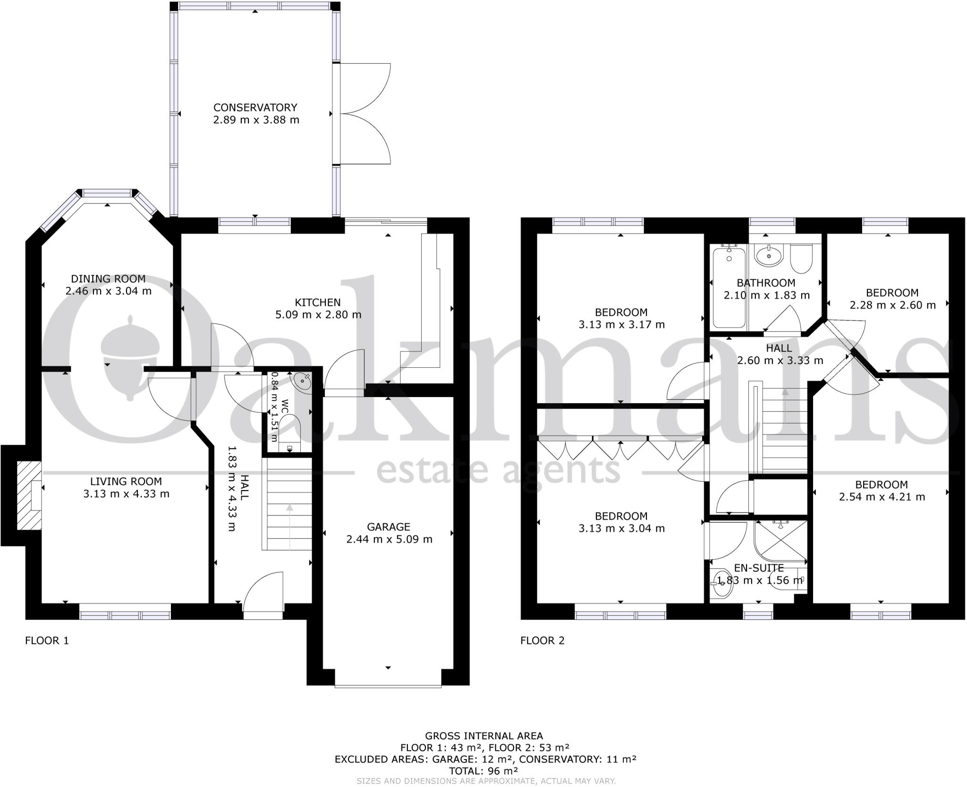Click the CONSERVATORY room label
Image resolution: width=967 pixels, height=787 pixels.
[x=255, y=108]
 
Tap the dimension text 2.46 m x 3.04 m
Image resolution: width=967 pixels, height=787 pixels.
[x=108, y=291]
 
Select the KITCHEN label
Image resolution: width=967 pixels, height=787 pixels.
[x=318, y=302]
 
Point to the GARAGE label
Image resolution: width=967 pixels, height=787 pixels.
[x=389, y=527]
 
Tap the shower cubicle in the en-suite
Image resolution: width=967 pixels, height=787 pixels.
[x=780, y=542]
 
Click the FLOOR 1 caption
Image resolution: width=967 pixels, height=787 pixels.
[x=47, y=640]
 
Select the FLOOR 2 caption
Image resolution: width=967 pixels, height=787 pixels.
[x=542, y=640]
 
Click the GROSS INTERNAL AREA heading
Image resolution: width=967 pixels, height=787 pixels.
[x=484, y=736]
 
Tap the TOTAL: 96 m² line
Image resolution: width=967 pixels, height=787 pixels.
[x=484, y=771]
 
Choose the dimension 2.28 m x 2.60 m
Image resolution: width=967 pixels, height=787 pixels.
[x=892, y=305]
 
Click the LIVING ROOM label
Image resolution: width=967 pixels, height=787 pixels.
[x=126, y=481]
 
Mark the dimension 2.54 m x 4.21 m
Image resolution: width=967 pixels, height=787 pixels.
[x=882, y=497]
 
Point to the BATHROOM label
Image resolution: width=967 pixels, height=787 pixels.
[x=766, y=283]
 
